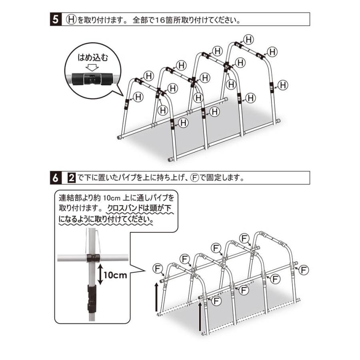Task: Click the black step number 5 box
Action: tap(56, 19)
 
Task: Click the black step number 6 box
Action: tap(56, 178)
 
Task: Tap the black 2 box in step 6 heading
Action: tap(72, 178)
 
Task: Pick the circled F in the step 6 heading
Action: tap(195, 178)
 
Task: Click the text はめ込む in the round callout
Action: tap(93, 57)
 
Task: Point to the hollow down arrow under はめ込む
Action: tap(92, 67)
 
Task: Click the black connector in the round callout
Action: tap(93, 79)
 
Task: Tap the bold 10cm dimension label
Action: tap(115, 274)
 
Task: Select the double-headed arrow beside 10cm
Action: tap(100, 274)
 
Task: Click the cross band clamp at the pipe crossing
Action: tap(93, 258)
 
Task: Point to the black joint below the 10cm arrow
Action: tap(92, 298)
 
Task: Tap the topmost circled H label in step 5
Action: tap(249, 40)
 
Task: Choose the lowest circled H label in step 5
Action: tap(183, 122)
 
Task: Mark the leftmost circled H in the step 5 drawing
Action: tap(138, 97)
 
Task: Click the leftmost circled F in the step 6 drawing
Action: tap(158, 268)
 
